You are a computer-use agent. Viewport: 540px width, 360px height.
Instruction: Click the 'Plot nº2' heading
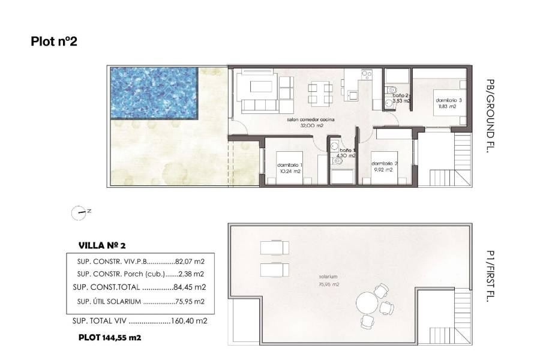click(54, 41)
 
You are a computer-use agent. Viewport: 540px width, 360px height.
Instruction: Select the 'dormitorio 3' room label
click(445, 101)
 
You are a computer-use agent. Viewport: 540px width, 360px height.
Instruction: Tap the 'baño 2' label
click(400, 95)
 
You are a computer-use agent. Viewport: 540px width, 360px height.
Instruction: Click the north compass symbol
click(79, 211)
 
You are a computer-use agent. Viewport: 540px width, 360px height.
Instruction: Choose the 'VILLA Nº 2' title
click(102, 245)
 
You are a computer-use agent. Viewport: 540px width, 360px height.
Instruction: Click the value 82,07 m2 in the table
click(191, 262)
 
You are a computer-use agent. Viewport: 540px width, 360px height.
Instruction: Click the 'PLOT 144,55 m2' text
click(110, 338)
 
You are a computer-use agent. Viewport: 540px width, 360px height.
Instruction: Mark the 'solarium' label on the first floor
click(328, 277)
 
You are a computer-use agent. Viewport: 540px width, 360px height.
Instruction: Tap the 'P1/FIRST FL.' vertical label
click(491, 275)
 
